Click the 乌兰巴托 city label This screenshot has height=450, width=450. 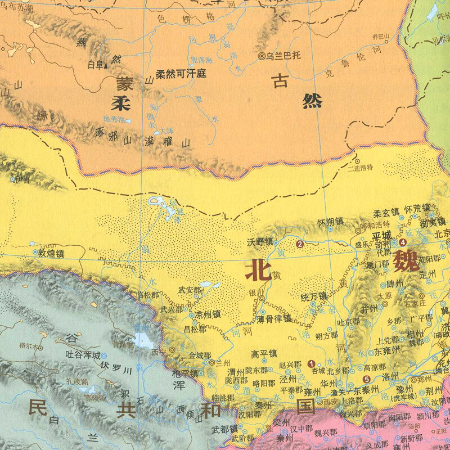tap(285, 56)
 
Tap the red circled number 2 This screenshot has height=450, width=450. tap(300, 244)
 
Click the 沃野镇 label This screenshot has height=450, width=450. tap(259, 242)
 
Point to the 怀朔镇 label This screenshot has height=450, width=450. tap(330, 222)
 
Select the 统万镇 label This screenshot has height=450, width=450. tap(313, 296)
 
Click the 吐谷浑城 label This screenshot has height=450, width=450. tap(80, 355)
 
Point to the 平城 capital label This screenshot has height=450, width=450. tap(381, 235)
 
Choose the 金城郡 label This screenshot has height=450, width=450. tap(200, 355)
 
